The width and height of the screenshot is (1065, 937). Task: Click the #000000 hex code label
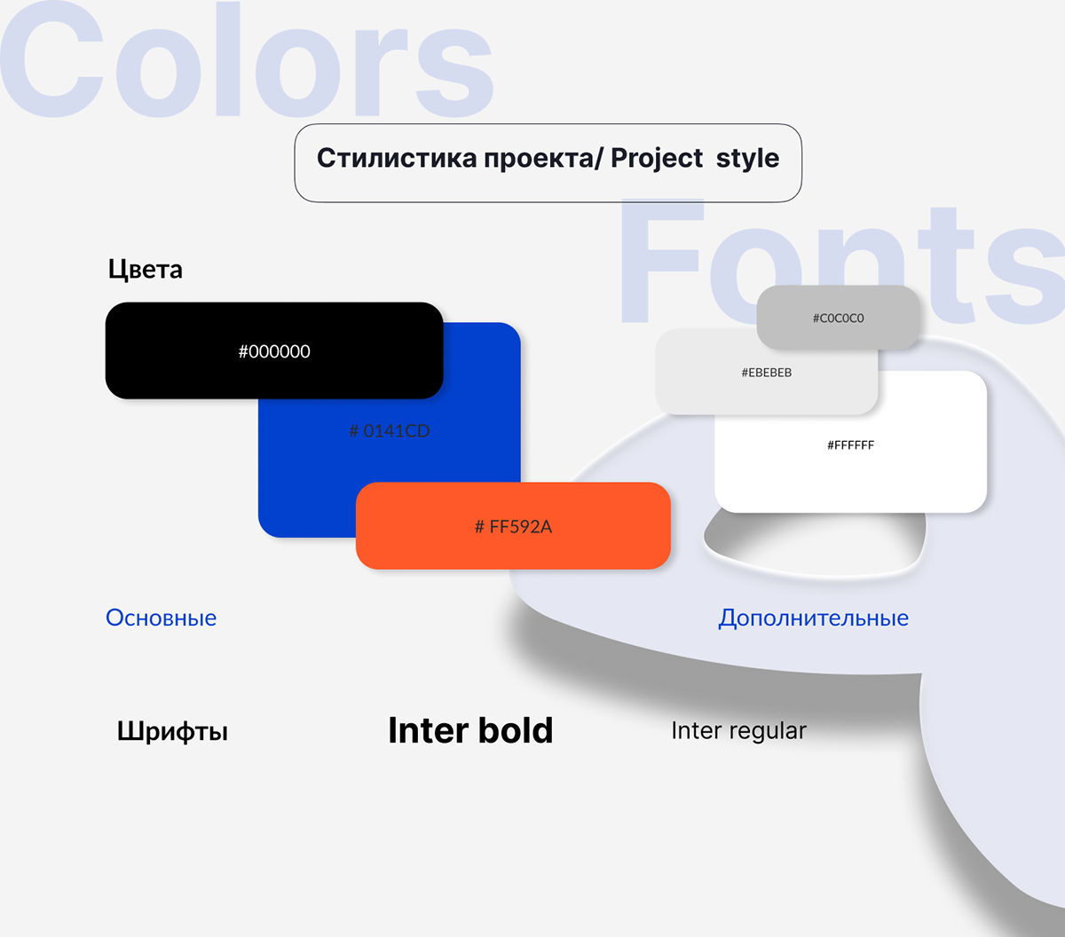(x=274, y=351)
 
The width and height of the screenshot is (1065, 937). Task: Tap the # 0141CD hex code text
(x=390, y=431)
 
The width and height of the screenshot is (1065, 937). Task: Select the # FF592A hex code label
(x=513, y=526)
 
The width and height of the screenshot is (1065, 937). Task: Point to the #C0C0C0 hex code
(x=839, y=318)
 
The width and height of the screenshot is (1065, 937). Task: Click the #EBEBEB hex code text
(x=767, y=373)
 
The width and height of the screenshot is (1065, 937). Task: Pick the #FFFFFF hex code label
(x=850, y=445)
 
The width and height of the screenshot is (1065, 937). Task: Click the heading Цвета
(x=145, y=270)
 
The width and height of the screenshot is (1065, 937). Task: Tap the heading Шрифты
(x=172, y=731)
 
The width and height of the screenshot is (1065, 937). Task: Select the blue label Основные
(x=161, y=618)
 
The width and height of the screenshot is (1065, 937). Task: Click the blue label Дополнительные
(x=813, y=618)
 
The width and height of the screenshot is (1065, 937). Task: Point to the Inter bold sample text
(x=470, y=730)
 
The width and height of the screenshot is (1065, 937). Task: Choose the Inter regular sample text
(x=738, y=731)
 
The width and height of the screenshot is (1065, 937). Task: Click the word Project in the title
(x=657, y=159)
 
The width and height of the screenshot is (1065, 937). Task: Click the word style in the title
(x=747, y=159)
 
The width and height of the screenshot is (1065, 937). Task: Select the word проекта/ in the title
(x=543, y=159)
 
